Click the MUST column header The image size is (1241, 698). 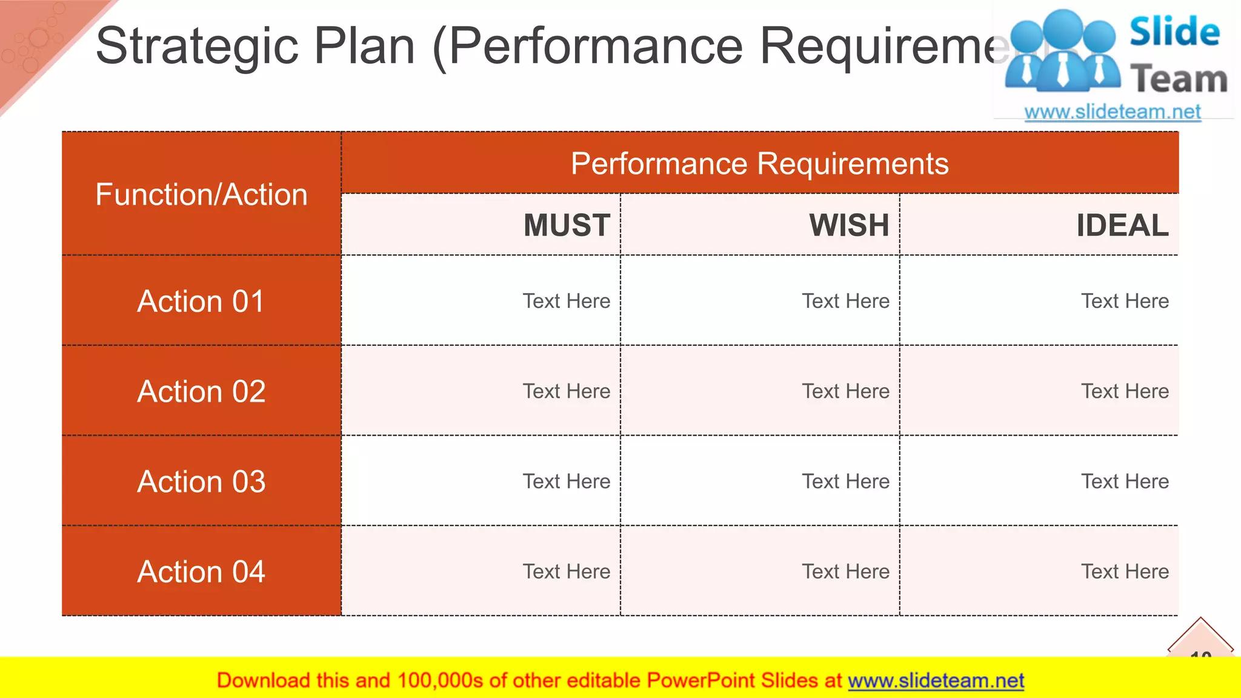coord(567,225)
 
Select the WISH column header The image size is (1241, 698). coord(849,225)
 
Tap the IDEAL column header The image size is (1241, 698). coord(1122,225)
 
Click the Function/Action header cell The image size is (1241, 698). coord(201,194)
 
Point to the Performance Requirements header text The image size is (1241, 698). coord(759,164)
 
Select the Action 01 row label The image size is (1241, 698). coord(201,301)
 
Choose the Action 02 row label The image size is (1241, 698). coord(201,391)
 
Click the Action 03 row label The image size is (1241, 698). coord(201,482)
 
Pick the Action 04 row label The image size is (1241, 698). coord(201,571)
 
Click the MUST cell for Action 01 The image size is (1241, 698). coord(566,301)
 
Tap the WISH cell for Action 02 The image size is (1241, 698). coord(845,391)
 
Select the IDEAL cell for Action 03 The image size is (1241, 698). coord(1125,482)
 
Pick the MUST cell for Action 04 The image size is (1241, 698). coord(566,571)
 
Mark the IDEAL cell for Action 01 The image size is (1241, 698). coord(1125,301)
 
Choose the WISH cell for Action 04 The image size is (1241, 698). coord(845,571)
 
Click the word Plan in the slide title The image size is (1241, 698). coord(364,47)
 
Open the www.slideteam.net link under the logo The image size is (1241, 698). coord(1113,112)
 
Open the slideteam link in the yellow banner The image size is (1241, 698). coord(936,681)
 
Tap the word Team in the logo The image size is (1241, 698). coord(1179,79)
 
